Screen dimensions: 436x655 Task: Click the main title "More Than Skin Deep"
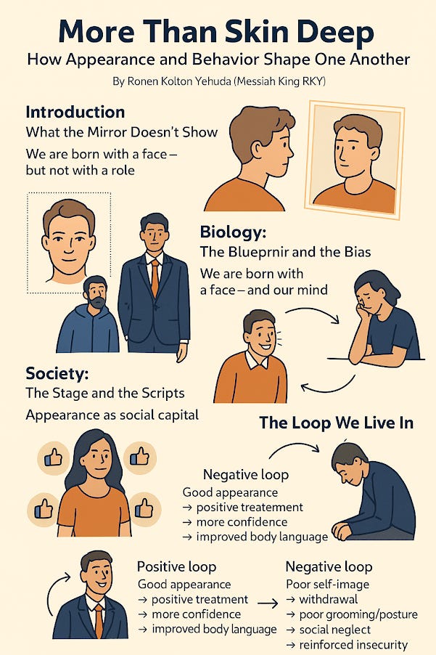click(218, 32)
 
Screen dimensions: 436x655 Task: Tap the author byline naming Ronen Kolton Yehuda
click(218, 81)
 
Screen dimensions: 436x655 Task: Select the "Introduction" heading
click(75, 113)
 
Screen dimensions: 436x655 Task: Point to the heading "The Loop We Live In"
click(336, 423)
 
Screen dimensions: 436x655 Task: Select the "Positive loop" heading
click(176, 566)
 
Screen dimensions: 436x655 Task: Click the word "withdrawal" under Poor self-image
click(334, 600)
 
